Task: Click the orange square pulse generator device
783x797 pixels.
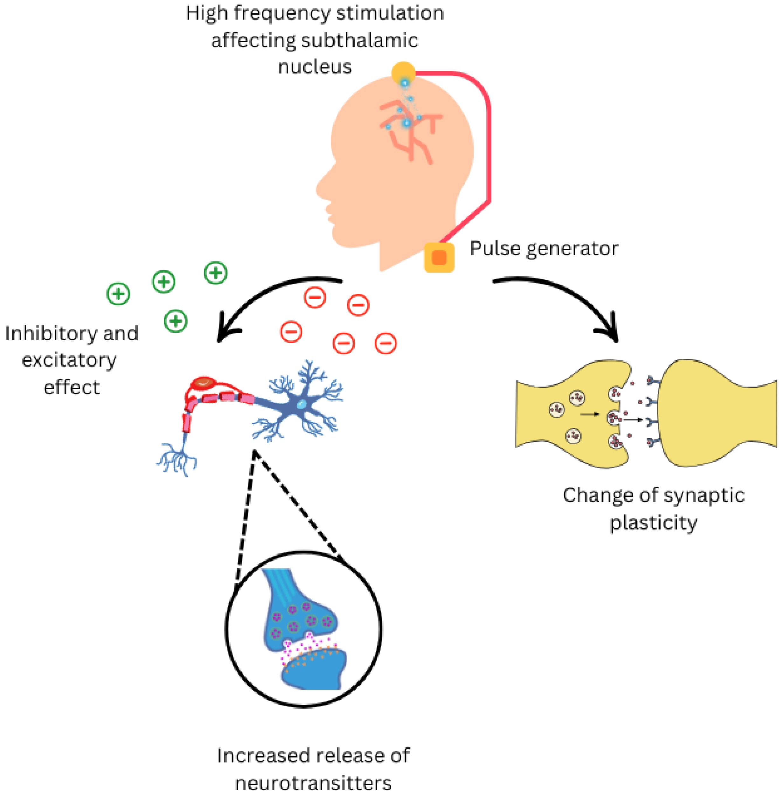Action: pyautogui.click(x=439, y=257)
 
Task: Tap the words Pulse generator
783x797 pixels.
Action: pyautogui.click(x=544, y=248)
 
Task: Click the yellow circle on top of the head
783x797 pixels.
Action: pyautogui.click(x=403, y=73)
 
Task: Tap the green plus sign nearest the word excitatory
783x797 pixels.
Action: pyautogui.click(x=176, y=321)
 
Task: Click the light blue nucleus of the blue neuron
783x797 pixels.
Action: pyautogui.click(x=301, y=404)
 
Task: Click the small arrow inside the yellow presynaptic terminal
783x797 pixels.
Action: pyautogui.click(x=589, y=414)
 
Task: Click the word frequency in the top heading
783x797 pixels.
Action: pyautogui.click(x=282, y=13)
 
